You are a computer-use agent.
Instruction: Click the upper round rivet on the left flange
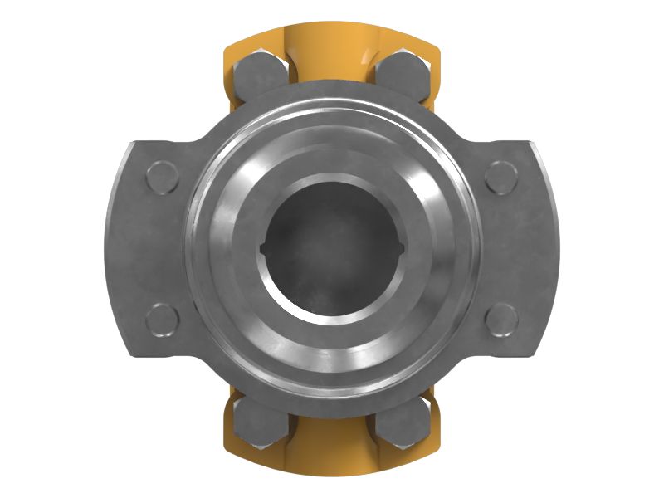click(x=161, y=177)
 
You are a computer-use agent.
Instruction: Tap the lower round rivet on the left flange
click(x=161, y=319)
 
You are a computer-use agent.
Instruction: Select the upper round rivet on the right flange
click(x=501, y=177)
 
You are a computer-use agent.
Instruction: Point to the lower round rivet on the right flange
click(x=501, y=319)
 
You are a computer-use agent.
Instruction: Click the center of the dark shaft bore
click(x=331, y=248)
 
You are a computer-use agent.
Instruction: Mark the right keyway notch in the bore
click(x=401, y=247)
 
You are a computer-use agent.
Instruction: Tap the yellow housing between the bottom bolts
click(x=331, y=452)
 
